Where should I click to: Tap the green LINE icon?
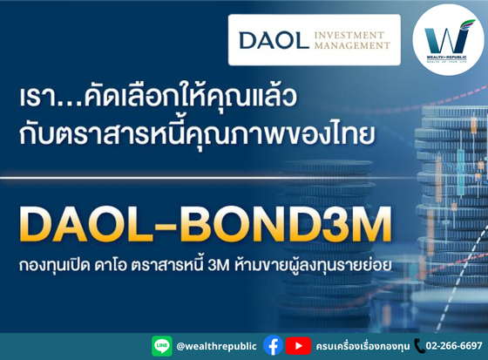coord(161,346)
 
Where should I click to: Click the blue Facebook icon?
coord(273,346)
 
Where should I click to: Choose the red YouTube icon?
coord(298,346)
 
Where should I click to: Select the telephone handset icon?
coord(419,346)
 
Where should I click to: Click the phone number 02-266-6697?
coord(454,346)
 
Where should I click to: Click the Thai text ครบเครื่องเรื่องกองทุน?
coord(361,346)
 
